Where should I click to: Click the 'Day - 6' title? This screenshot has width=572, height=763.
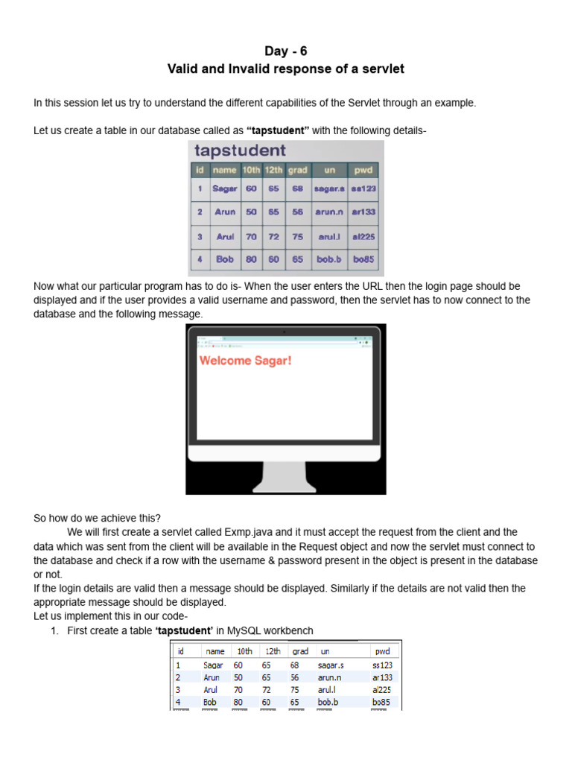click(285, 51)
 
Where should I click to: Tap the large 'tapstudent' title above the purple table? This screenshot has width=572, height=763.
click(240, 151)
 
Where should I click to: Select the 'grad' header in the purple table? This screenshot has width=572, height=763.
click(297, 170)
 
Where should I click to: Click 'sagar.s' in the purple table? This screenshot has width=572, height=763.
click(330, 189)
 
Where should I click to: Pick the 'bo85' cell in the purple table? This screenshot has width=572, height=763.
click(363, 259)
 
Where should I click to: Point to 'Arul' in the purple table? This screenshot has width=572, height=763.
click(225, 236)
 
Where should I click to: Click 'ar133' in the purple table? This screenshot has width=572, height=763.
click(363, 212)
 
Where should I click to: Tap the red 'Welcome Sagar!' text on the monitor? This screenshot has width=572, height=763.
click(245, 361)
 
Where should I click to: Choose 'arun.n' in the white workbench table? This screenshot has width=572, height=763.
click(331, 678)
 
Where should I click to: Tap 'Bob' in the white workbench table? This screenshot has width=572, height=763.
click(212, 702)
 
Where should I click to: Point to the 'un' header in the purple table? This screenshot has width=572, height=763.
click(330, 170)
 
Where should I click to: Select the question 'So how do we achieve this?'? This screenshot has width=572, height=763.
click(97, 518)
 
